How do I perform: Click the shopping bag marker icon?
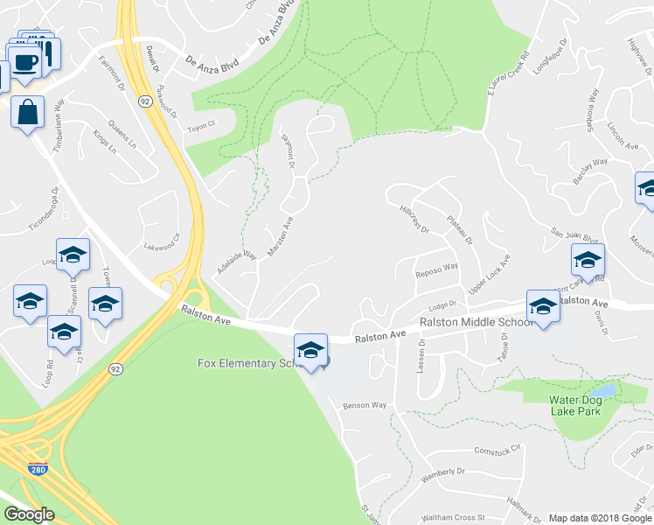(x=28, y=112)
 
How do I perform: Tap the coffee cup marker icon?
(x=24, y=63)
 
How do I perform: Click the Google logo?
(x=29, y=514)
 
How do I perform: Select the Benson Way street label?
(x=365, y=405)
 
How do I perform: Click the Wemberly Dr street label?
(x=443, y=472)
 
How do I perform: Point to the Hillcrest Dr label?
(x=414, y=219)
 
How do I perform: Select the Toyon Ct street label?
(x=200, y=125)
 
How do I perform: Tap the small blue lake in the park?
(x=603, y=390)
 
